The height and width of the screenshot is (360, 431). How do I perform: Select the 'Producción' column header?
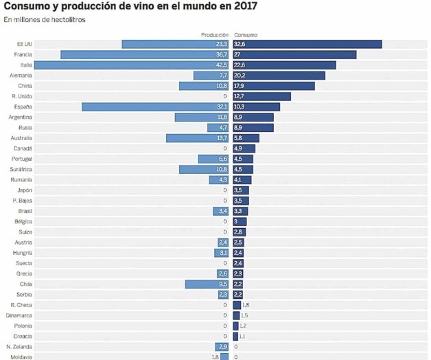coord(214,34)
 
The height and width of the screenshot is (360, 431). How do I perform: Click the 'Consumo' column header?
coord(246,34)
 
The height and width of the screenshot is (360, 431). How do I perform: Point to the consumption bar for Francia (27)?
coord(294,54)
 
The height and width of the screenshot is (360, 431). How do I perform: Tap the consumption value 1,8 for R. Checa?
coord(246,305)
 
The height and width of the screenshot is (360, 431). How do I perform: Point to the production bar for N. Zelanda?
coord(222,347)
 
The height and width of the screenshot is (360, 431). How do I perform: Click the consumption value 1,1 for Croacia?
coord(242,337)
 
